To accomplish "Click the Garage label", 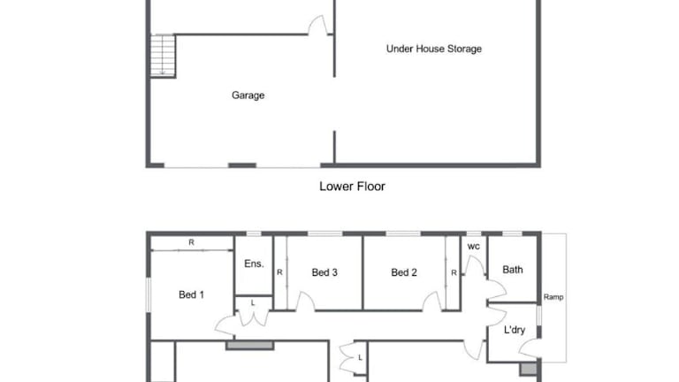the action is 248,95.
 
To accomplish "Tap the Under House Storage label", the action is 434,49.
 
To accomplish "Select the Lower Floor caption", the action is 352,187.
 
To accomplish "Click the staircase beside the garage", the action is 163,56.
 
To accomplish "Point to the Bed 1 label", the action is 191,294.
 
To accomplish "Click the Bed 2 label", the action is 403,272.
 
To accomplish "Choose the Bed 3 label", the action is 324,272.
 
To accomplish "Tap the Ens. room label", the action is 254,264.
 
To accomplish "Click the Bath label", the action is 513,270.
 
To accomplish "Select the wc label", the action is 474,247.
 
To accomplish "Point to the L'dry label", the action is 515,330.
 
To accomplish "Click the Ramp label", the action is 553,297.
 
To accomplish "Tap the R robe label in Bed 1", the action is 191,242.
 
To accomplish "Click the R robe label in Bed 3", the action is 279,272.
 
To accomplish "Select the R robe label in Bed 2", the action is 454,273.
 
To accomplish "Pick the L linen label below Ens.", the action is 253,303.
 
